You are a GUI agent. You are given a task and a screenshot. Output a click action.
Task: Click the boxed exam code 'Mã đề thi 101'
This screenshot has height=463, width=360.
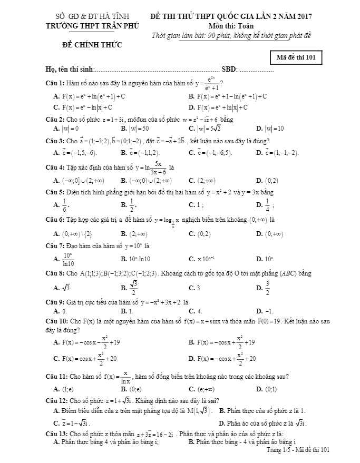[x=296, y=57]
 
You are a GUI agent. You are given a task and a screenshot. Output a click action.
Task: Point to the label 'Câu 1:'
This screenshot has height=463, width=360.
[x=55, y=83]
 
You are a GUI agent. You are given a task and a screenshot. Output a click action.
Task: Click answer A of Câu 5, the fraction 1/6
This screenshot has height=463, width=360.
[x=64, y=205]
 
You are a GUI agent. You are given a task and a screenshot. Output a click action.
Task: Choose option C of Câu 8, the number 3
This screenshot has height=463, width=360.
[x=197, y=288]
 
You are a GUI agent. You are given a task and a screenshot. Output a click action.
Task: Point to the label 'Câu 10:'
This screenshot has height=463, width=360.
[x=56, y=321]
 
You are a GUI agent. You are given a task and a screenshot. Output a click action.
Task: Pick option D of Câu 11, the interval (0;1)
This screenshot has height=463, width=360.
[x=273, y=389]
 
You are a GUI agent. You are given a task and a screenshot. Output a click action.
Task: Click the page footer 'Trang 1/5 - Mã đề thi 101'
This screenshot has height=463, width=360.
[x=298, y=449]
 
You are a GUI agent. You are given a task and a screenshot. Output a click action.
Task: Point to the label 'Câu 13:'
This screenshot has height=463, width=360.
[x=56, y=433]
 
